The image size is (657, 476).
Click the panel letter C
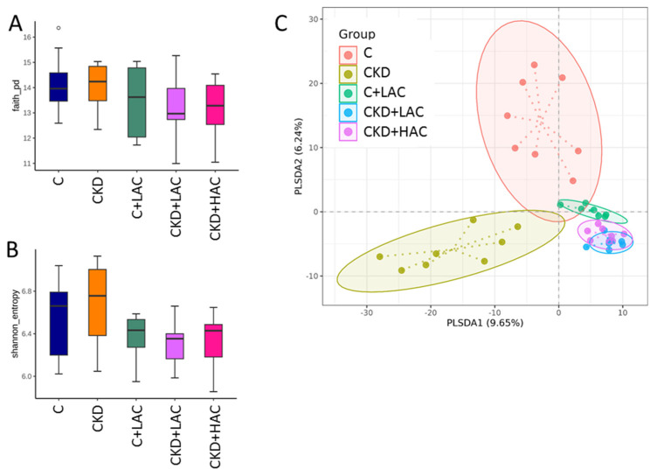point(282,22)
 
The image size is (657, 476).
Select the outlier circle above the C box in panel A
point(59,29)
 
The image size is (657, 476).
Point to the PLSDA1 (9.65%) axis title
point(485,322)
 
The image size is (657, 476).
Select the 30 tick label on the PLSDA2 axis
point(310,19)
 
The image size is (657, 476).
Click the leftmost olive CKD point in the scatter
point(380,256)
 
